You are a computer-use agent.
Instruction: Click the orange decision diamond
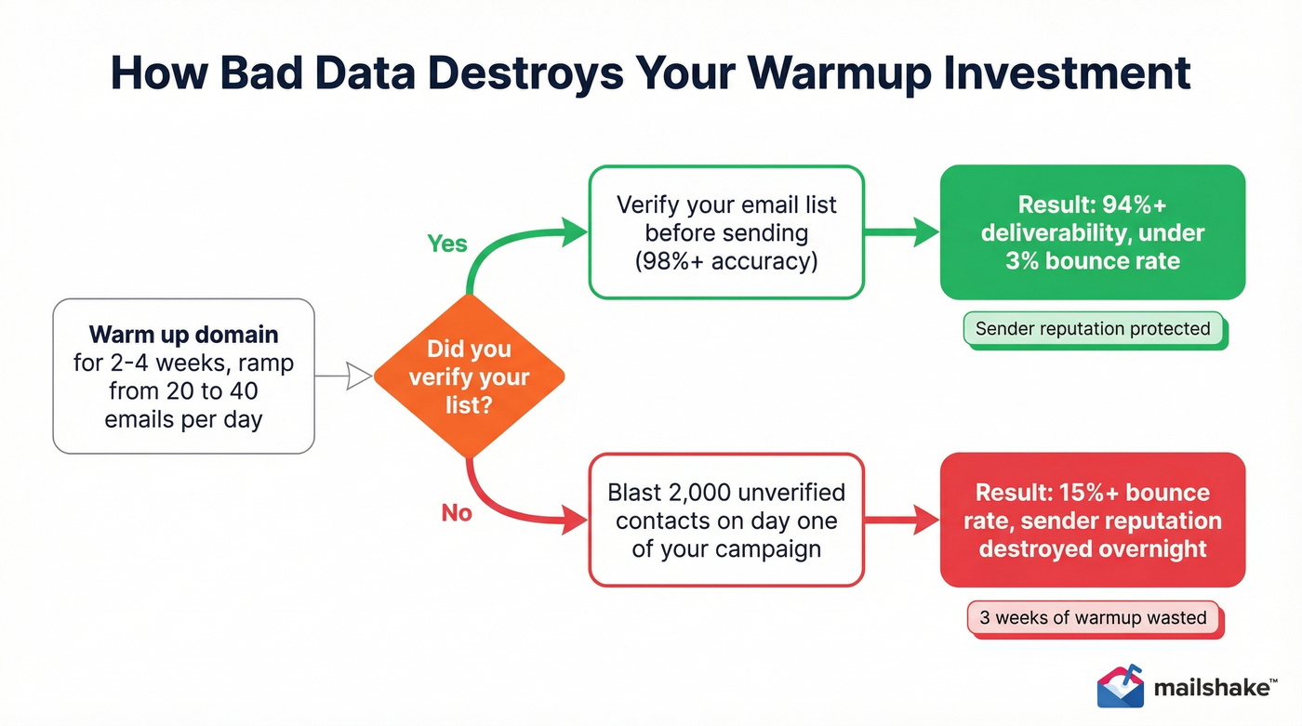[469, 376]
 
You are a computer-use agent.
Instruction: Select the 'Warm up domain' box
[183, 376]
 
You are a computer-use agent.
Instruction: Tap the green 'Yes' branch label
[447, 244]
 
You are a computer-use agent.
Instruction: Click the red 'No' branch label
[457, 513]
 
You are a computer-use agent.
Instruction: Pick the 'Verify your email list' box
[726, 232]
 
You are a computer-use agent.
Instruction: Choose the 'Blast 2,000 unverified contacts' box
[726, 520]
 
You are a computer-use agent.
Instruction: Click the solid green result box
[1092, 232]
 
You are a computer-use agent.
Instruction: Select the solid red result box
[1092, 520]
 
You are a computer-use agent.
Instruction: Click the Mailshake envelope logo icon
[1120, 686]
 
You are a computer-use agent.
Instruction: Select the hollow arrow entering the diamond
[344, 376]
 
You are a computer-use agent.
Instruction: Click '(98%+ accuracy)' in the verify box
[726, 261]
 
